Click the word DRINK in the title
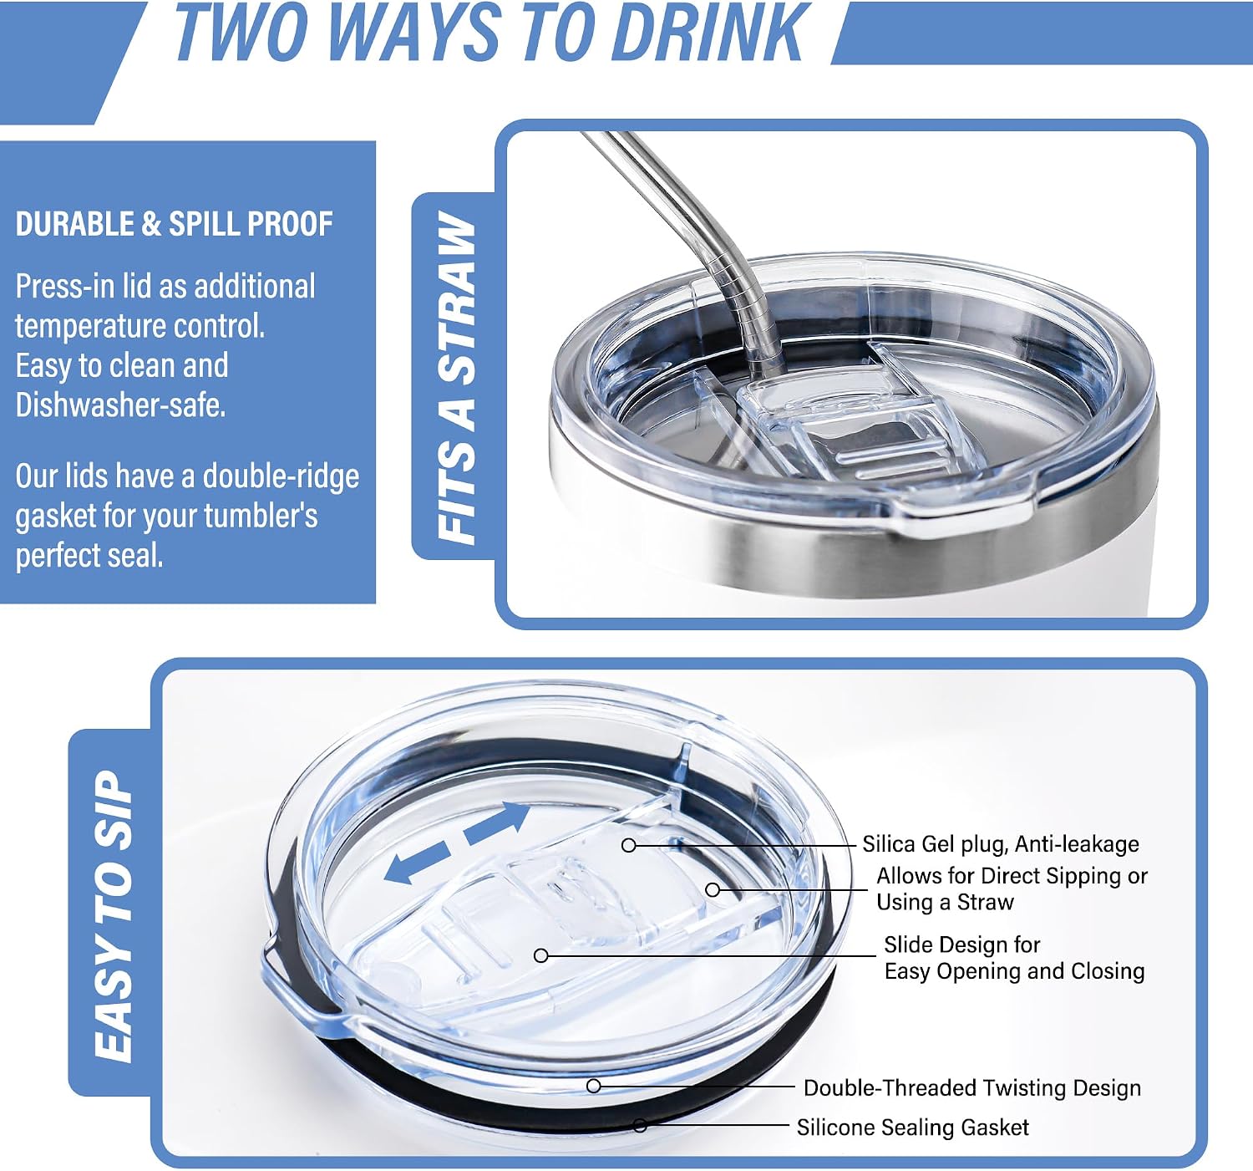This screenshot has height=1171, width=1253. click(710, 32)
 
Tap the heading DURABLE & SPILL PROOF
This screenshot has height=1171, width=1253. click(174, 224)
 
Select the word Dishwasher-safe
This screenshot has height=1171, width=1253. click(120, 405)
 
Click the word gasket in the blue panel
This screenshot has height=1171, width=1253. click(55, 517)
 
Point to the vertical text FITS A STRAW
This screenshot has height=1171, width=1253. click(455, 377)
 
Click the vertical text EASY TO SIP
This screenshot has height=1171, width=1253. click(114, 916)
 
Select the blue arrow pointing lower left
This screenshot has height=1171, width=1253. click(417, 862)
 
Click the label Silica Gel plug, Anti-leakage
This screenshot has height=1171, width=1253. click(1001, 844)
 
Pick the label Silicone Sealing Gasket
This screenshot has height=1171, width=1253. click(912, 1127)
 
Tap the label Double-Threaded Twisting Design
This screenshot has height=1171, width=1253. click(972, 1087)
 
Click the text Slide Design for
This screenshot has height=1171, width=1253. click(961, 944)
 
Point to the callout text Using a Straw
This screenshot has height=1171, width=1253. click(945, 902)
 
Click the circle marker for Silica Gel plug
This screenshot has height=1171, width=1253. click(628, 845)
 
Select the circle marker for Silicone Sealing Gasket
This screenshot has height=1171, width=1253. click(640, 1126)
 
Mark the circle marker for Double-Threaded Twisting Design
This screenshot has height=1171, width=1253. click(593, 1086)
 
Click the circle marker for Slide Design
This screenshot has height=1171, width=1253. click(540, 955)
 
